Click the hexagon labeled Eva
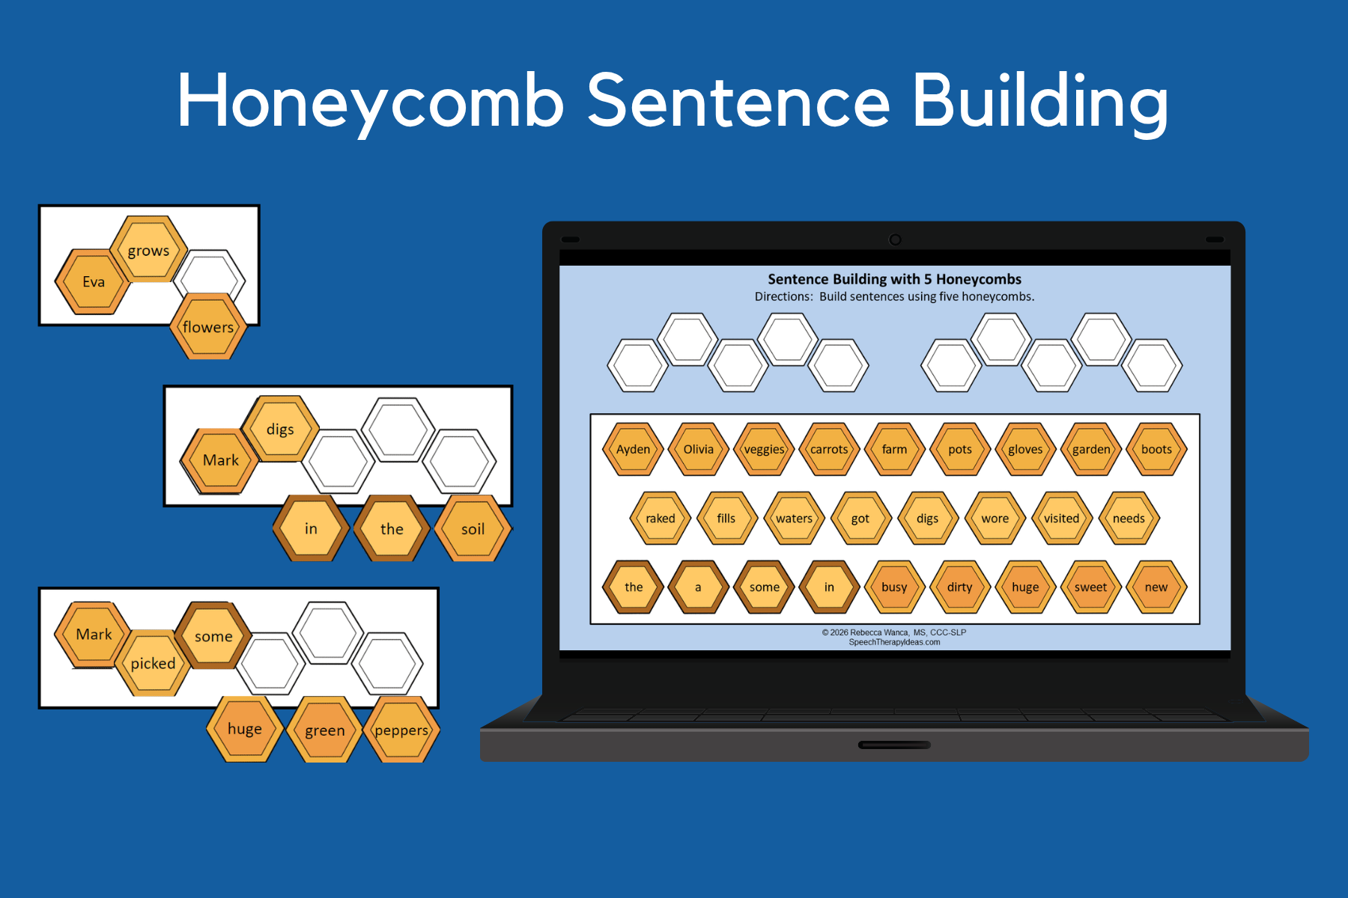pos(93,282)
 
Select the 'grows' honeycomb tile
pos(148,251)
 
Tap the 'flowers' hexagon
pos(208,327)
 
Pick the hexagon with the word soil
pos(473,529)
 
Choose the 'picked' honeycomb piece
pos(153,664)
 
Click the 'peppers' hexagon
pos(401,730)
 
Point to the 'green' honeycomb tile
pos(324,730)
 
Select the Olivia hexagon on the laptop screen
pos(698,449)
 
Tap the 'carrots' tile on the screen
pos(829,449)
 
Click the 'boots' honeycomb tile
pos(1156,449)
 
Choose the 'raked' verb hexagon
pos(660,518)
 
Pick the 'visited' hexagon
pos(1061,518)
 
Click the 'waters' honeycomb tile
pos(794,518)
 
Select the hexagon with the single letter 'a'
pos(698,587)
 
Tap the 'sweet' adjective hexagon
pos(1090,587)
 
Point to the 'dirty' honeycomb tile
pos(959,587)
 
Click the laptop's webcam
pos(895,239)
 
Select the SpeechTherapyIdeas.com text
pos(894,642)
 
